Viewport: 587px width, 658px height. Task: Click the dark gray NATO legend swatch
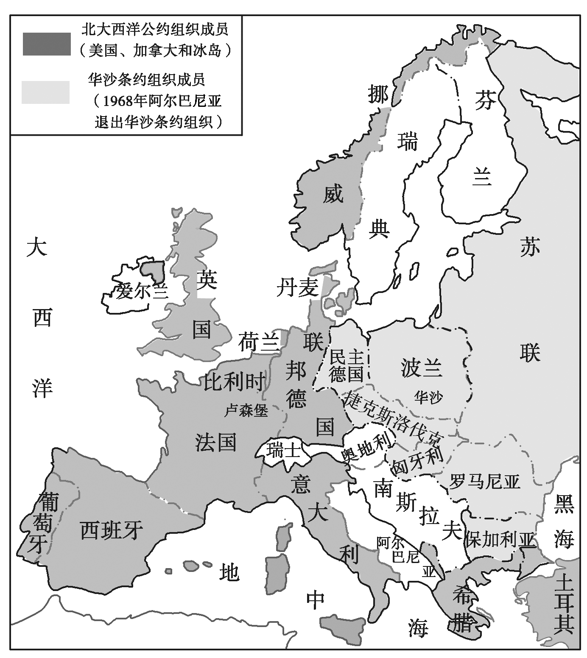(x=47, y=44)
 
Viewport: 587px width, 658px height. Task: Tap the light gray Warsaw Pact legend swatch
(x=45, y=92)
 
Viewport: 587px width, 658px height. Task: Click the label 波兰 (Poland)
(x=421, y=367)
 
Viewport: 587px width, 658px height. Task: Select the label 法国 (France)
(x=215, y=443)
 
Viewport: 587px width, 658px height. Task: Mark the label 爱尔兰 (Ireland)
(x=142, y=291)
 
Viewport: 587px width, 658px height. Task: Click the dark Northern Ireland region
(x=152, y=271)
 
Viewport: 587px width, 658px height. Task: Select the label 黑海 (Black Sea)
(x=564, y=522)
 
